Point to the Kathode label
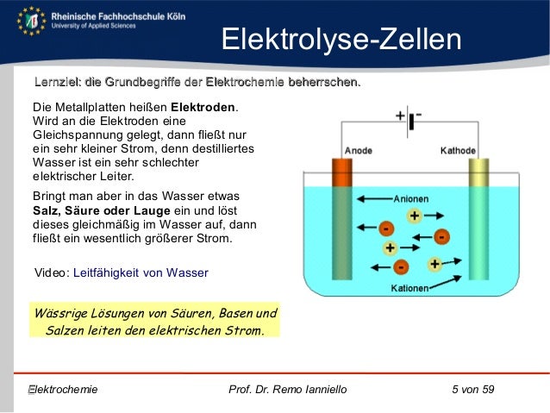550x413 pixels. tap(459, 150)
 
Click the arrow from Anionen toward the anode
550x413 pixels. tap(372, 198)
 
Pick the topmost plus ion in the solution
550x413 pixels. tap(414, 216)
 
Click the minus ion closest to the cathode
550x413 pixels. tap(441, 235)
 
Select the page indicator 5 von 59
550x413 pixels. tap(473, 390)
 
